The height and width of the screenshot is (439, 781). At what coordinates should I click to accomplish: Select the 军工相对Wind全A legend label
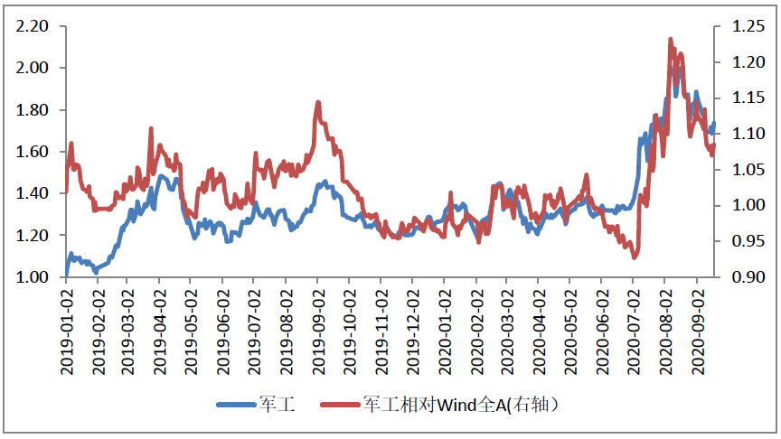pos(466,404)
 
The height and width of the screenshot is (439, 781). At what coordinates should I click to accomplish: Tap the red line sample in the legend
pos(341,405)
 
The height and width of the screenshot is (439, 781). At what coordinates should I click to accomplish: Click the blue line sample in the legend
pos(236,405)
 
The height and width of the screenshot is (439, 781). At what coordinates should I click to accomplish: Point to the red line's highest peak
pos(670,39)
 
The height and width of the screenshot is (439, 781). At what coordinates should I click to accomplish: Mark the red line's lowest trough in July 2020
pos(635,257)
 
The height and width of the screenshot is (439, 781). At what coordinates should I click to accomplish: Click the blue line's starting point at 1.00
pos(66,276)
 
